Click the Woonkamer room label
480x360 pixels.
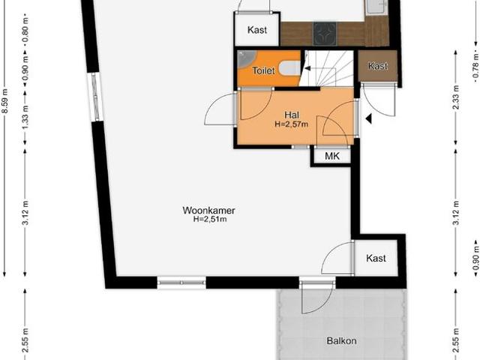pyautogui.click(x=205, y=210)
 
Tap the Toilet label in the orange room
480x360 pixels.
pyautogui.click(x=263, y=70)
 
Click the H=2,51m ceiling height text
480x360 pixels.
pyautogui.click(x=210, y=220)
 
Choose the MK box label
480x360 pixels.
pyautogui.click(x=331, y=156)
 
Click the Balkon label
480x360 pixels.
pyautogui.click(x=341, y=341)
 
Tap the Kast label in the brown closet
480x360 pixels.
pyautogui.click(x=379, y=66)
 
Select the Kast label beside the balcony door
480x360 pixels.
pyautogui.click(x=376, y=258)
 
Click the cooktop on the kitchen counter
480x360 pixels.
pyautogui.click(x=325, y=33)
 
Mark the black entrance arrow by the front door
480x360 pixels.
pyautogui.click(x=367, y=118)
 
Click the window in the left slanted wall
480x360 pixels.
pyautogui.click(x=94, y=97)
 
